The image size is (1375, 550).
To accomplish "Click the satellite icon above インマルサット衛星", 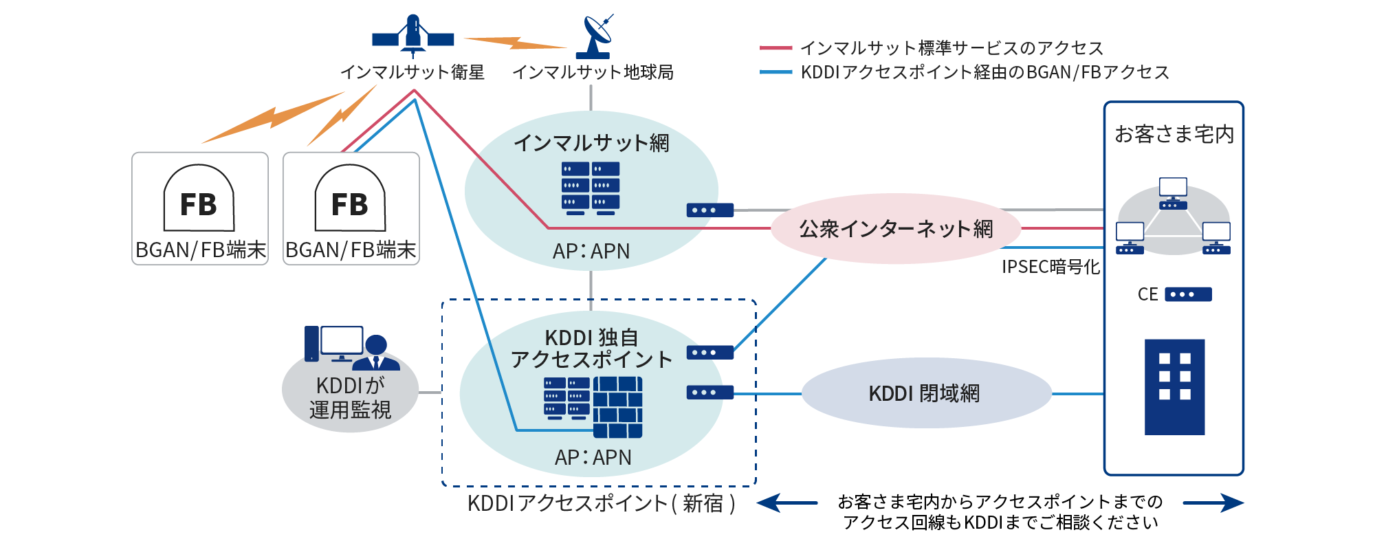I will (412, 36).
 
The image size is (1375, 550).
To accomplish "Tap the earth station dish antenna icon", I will (595, 38).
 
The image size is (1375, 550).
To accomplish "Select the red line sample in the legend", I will (775, 48).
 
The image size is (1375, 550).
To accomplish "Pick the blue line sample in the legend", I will (775, 72).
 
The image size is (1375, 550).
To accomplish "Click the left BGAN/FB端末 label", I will (200, 250).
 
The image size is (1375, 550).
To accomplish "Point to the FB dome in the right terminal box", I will (350, 199).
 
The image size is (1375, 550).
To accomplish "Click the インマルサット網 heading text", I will (591, 143).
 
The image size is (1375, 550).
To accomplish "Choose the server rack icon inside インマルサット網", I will (591, 188).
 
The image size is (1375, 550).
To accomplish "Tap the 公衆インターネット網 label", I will (896, 229).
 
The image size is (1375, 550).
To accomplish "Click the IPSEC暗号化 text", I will (1050, 267).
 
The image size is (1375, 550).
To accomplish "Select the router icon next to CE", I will (1188, 294).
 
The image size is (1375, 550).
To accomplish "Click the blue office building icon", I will (1174, 386).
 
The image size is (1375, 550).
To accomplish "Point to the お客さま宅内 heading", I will (1174, 134).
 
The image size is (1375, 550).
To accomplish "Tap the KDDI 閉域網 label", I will (924, 394).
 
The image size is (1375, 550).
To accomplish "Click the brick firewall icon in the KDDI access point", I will (617, 407).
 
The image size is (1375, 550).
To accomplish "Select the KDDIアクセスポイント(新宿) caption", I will (602, 503).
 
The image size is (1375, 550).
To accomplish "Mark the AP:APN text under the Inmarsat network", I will (591, 252).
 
